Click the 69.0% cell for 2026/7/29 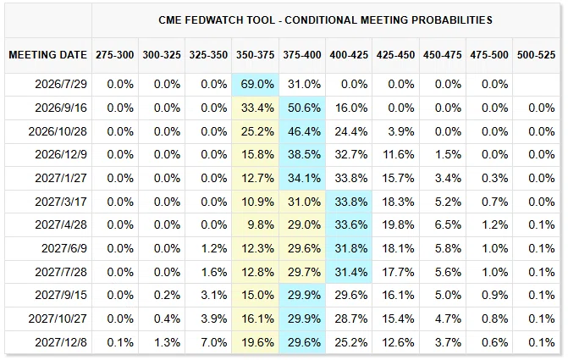coord(257,85)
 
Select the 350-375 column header coord(255,55)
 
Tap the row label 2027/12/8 coord(61,342)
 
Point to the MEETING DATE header coord(47,55)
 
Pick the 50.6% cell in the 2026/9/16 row coord(304,108)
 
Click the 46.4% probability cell coord(304,131)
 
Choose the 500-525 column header coord(536,55)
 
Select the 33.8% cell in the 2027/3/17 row coord(351,202)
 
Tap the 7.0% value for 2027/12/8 coord(214,342)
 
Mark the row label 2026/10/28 coord(58,131)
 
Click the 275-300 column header coord(115,55)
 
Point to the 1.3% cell coord(167,342)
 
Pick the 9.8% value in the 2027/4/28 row coord(261,224)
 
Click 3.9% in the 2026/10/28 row coord(401,131)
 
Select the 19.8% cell coord(398,224)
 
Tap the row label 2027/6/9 coord(64,248)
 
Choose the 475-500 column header coord(489,55)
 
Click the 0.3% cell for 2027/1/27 coord(495,178)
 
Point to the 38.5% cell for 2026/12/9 coord(304,154)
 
